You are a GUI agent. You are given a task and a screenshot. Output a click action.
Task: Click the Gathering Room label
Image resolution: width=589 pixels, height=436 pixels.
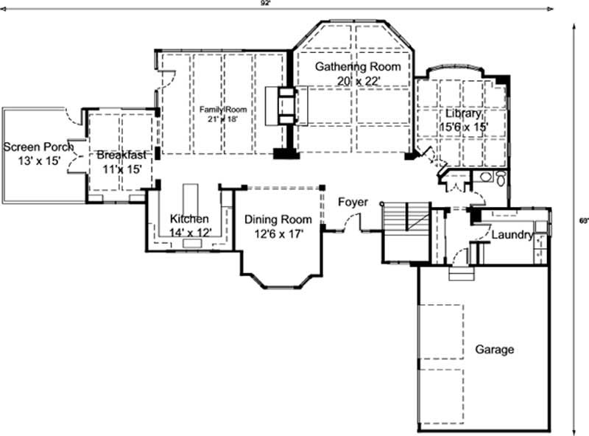(358, 67)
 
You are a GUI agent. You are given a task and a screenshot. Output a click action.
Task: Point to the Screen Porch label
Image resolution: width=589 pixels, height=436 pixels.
(38, 147)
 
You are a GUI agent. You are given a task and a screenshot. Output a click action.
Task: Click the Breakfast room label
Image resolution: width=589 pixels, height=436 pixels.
(121, 155)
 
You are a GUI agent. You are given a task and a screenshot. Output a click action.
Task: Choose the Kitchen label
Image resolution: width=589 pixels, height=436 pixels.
(189, 219)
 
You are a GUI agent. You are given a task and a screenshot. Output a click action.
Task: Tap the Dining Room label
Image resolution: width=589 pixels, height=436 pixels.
(278, 219)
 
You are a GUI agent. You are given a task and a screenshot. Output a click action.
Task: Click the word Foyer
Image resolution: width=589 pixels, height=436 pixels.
(353, 202)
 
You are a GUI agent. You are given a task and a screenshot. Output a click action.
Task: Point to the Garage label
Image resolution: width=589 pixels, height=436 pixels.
(493, 350)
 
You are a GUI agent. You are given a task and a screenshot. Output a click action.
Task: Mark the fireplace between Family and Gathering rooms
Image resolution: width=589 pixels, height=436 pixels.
(284, 107)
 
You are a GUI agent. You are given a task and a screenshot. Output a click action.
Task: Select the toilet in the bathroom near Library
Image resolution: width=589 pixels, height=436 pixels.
(501, 179)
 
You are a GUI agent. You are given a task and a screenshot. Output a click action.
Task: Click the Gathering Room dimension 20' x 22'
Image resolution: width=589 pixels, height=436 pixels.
(358, 81)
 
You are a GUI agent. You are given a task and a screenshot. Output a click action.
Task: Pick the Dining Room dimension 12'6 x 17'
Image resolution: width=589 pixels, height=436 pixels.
(278, 233)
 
